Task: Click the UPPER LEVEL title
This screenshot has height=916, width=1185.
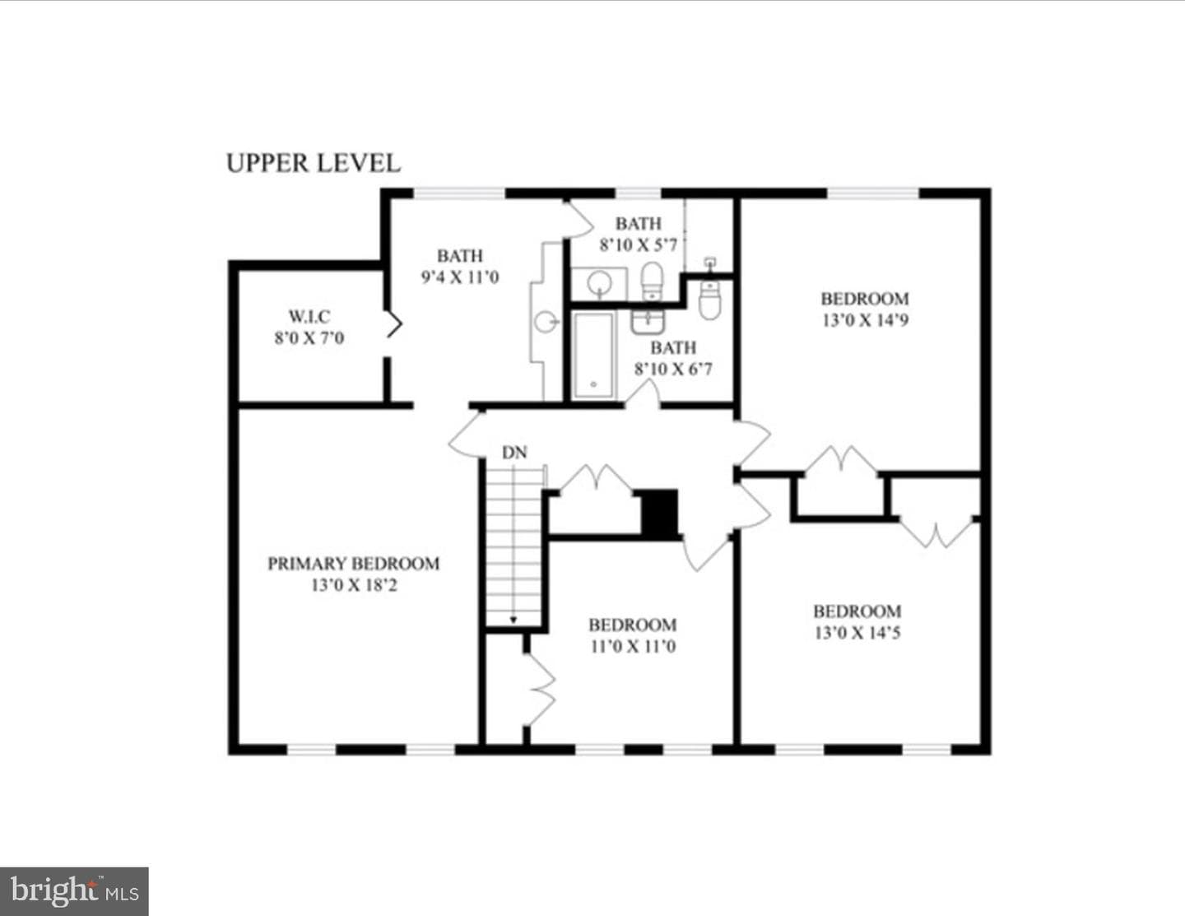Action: [314, 163]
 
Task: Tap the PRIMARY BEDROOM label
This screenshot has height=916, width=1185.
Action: [353, 563]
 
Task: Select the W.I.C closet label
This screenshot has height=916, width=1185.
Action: [309, 316]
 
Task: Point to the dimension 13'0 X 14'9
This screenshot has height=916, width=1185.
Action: [866, 320]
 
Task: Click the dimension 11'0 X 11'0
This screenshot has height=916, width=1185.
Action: [633, 646]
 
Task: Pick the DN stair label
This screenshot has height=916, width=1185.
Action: [514, 453]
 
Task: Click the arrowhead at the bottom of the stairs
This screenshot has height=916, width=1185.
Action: [513, 620]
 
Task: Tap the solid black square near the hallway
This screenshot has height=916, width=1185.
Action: [659, 512]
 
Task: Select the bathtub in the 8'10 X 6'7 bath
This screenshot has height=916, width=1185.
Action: [593, 355]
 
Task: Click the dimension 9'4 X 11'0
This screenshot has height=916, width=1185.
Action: [460, 277]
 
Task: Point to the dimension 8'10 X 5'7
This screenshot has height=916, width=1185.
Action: [638, 244]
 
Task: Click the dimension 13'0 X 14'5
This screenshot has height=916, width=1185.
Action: [857, 632]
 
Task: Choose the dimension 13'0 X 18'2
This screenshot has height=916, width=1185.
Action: [354, 585]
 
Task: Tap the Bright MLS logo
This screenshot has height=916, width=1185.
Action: [74, 891]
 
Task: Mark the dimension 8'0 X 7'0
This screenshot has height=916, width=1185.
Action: [309, 338]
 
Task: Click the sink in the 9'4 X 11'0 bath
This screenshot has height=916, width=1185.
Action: [546, 322]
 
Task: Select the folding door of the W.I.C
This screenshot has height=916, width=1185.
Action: [393, 324]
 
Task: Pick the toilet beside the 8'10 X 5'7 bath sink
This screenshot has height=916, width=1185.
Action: [652, 281]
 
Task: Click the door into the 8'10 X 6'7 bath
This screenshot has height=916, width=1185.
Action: [644, 393]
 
